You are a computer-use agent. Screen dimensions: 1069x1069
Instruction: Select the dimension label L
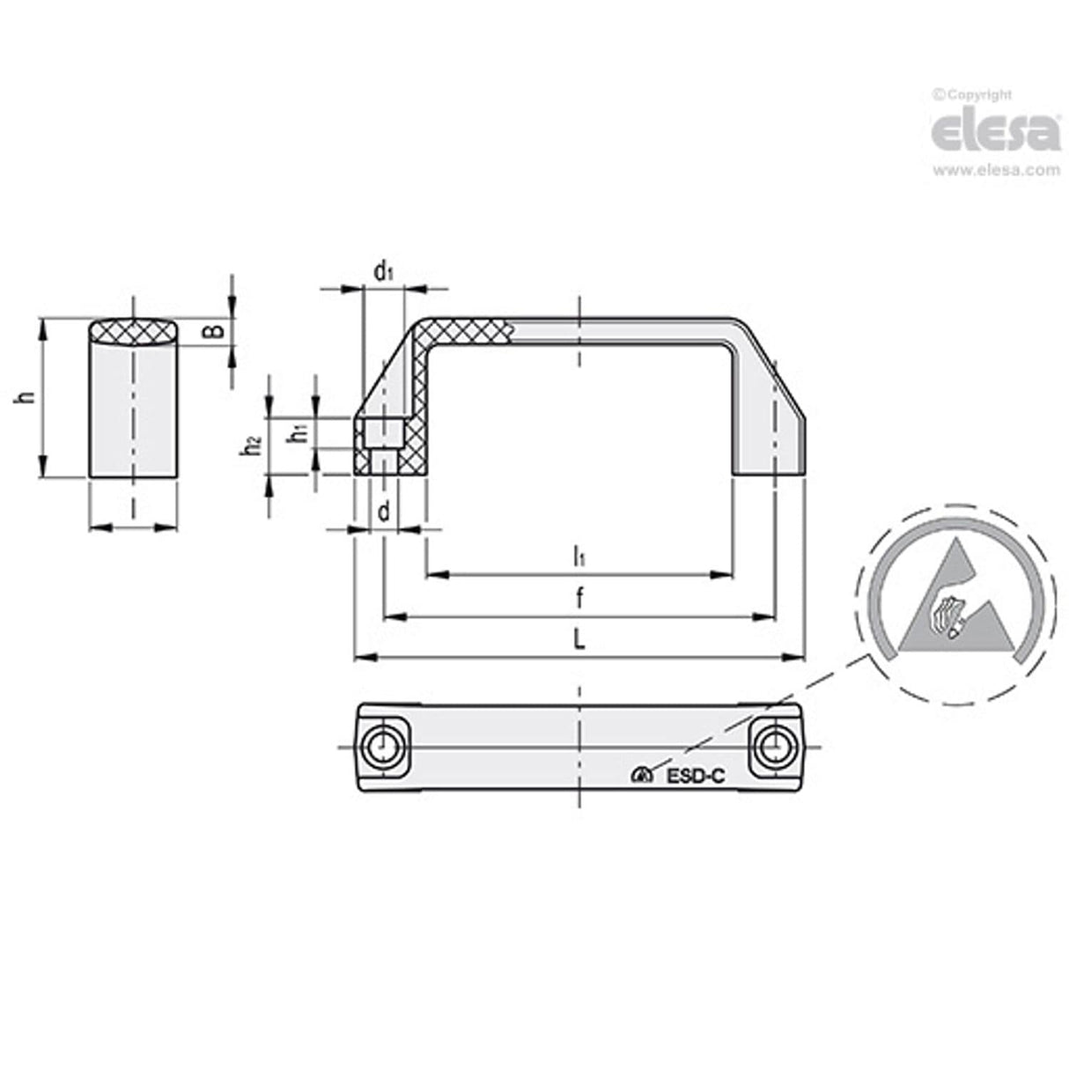pyautogui.click(x=579, y=641)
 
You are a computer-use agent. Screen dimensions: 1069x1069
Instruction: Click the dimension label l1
pyautogui.click(x=579, y=557)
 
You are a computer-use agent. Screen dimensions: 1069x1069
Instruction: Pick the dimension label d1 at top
pyautogui.click(x=383, y=271)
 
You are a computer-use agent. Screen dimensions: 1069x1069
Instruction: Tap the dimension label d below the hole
pyautogui.click(x=383, y=510)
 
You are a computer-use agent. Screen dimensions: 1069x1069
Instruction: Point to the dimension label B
pyautogui.click(x=212, y=332)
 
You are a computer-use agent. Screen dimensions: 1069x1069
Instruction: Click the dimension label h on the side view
pyautogui.click(x=28, y=398)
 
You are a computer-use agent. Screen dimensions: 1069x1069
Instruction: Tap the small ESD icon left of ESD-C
pyautogui.click(x=641, y=776)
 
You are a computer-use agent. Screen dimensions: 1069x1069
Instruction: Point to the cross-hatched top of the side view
pyautogui.click(x=134, y=332)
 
